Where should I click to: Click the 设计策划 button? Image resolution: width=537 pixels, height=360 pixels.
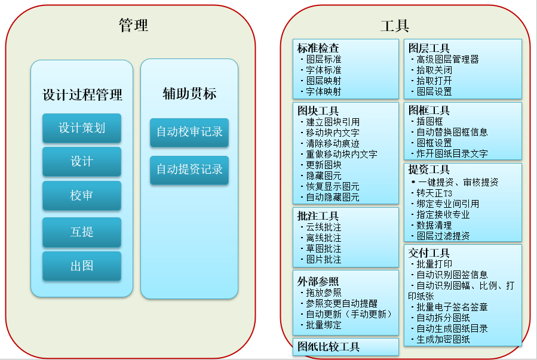(82, 128)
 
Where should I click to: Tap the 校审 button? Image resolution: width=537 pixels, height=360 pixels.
(82, 195)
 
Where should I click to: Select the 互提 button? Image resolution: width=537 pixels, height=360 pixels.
(82, 232)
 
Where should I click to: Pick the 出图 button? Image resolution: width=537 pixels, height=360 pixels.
(82, 266)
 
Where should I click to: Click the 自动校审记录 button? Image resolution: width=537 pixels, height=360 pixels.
(189, 132)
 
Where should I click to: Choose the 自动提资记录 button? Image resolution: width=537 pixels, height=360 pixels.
(189, 170)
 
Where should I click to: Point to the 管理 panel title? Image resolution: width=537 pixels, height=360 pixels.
(134, 25)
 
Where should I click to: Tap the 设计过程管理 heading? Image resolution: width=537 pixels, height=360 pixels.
(82, 95)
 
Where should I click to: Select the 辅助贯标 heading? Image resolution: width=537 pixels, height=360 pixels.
(189, 93)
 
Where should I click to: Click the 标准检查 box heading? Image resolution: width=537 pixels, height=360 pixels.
(318, 48)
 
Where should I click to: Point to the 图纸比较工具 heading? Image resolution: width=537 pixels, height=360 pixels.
(329, 347)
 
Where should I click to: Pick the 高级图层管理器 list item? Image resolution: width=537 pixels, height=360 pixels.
(447, 60)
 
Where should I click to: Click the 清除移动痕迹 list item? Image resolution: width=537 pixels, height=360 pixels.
(333, 143)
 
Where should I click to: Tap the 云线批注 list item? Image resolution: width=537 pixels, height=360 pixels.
(324, 227)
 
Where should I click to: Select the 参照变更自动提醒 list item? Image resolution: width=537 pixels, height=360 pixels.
(342, 303)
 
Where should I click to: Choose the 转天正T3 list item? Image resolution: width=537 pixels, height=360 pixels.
(434, 193)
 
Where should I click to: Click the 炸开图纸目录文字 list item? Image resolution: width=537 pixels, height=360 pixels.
(452, 153)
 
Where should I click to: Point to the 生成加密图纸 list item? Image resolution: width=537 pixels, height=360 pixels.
(443, 340)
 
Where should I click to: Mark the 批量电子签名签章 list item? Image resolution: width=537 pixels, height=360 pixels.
(452, 307)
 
